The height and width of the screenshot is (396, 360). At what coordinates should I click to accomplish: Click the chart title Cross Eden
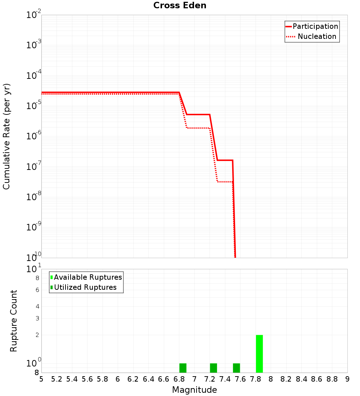click(180, 6)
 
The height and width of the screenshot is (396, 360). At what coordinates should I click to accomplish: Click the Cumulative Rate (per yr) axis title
click(6, 136)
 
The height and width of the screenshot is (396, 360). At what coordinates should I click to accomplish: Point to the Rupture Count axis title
click(14, 321)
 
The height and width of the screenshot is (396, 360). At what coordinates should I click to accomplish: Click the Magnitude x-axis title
click(194, 390)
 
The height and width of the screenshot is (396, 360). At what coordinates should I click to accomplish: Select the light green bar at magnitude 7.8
click(259, 354)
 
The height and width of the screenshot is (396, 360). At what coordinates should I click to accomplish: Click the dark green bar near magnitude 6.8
click(183, 368)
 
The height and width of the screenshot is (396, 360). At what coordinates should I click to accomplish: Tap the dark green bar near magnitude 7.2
click(213, 368)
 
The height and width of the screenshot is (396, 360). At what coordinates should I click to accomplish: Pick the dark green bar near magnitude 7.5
click(236, 368)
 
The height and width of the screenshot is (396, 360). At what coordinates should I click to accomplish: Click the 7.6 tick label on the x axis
click(240, 379)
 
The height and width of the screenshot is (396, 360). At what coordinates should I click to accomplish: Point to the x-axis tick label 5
click(41, 379)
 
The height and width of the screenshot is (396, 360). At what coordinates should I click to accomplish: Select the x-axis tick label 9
click(347, 379)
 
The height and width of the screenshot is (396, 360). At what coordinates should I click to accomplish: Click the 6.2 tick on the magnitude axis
click(133, 379)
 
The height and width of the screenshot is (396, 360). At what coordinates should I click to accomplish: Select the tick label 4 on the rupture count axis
click(37, 307)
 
